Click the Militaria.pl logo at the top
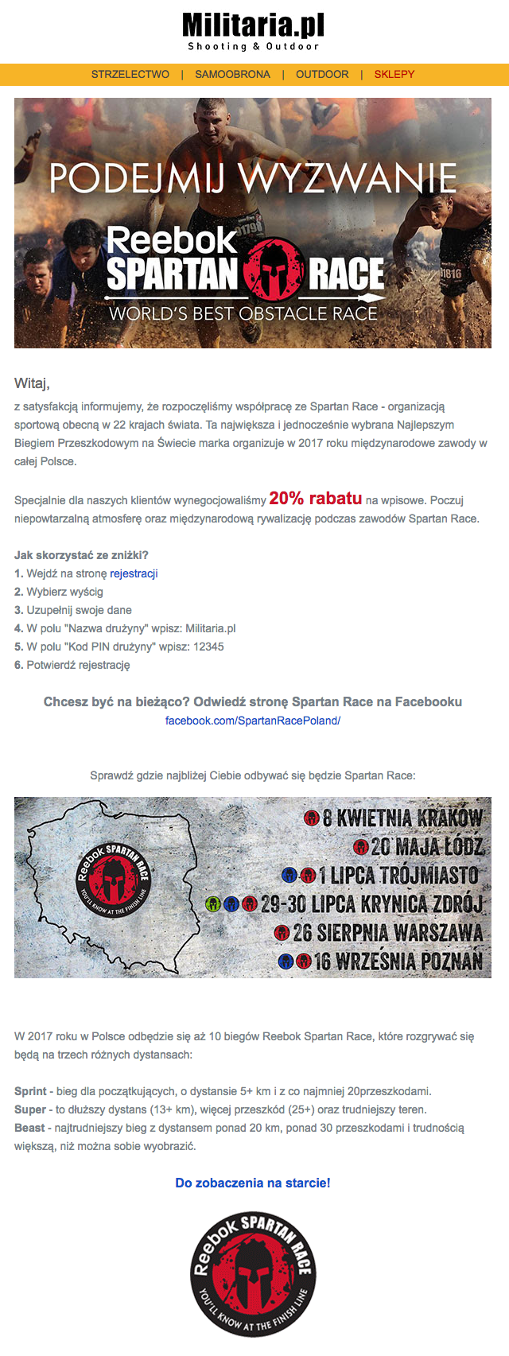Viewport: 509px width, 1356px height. tap(253, 30)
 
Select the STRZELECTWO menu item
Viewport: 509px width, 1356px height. tap(130, 74)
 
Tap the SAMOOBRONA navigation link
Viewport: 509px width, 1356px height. tap(232, 74)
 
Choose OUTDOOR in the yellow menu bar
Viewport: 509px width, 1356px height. tap(322, 74)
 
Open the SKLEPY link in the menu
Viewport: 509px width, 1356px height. tap(394, 74)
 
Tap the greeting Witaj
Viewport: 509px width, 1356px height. tap(32, 383)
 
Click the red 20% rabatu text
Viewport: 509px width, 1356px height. tap(316, 499)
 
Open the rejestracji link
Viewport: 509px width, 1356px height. tap(134, 573)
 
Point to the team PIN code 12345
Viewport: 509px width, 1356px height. tap(208, 647)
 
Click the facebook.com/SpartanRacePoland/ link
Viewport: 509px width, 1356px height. tap(253, 721)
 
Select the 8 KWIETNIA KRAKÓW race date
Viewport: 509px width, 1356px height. tap(402, 818)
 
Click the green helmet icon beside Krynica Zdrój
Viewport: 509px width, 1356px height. tap(212, 904)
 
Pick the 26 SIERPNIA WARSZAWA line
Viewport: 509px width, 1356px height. tap(387, 932)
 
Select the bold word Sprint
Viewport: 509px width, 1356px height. tap(30, 1091)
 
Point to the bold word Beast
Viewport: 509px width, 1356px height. tap(29, 1128)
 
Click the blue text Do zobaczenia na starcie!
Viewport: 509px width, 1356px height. tap(253, 1183)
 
